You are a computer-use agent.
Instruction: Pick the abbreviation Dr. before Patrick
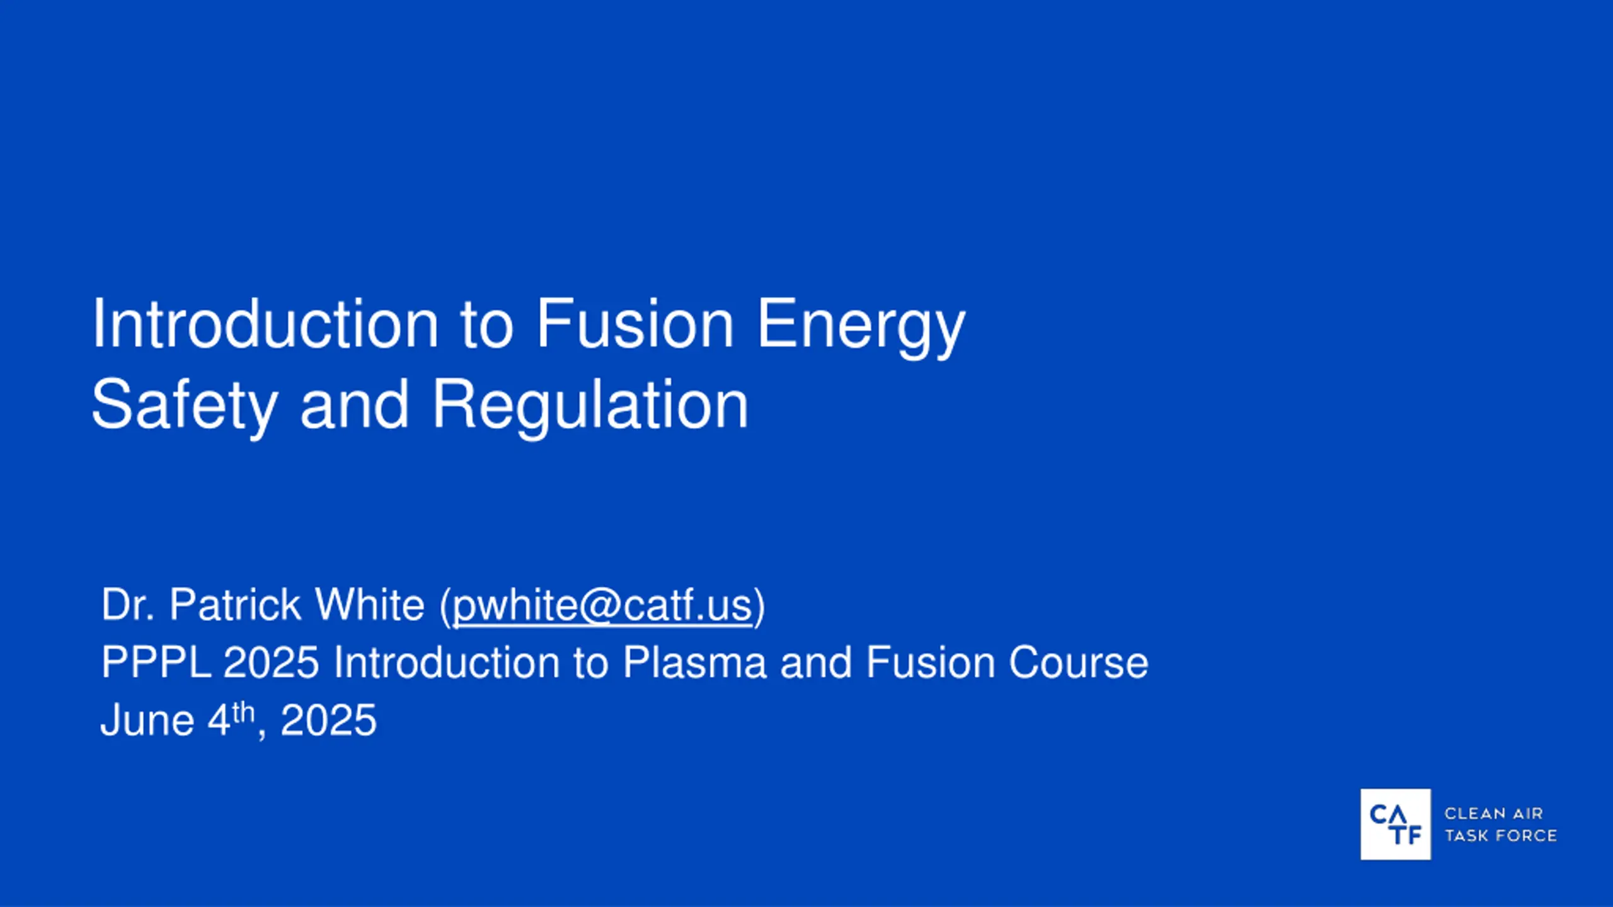coord(128,605)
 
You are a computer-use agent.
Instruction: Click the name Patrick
coord(235,605)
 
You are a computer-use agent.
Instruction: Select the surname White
coord(370,605)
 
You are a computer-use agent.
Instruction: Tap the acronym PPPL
coord(156,663)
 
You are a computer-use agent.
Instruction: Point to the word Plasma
coord(694,663)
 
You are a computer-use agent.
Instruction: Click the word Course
coord(1079,663)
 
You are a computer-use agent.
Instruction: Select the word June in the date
coord(147,720)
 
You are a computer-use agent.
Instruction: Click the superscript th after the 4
coord(243,712)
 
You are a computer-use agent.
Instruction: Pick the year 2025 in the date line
coord(328,720)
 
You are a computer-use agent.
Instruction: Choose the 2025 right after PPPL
coord(272,663)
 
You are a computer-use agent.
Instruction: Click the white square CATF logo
coord(1395,824)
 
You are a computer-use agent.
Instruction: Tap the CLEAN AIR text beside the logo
coord(1493,813)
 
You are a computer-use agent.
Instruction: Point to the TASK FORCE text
coord(1500,835)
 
